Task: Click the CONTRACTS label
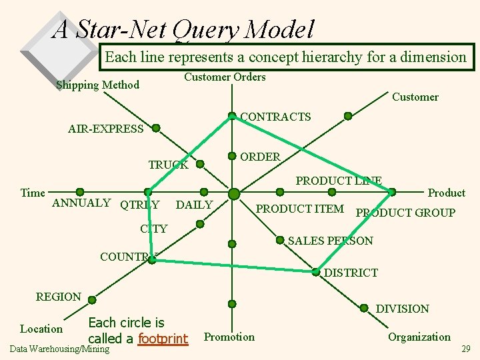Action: pos(275,117)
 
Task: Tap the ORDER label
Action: pos(260,157)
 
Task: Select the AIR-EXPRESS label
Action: pos(106,129)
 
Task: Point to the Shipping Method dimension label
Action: pos(98,85)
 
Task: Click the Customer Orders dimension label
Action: pos(225,77)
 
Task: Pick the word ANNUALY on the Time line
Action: pos(81,203)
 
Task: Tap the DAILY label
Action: pos(194,205)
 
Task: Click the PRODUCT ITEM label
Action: pos(300,209)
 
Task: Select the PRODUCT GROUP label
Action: pos(405,213)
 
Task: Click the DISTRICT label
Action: pos(351,273)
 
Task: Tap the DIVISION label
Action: pos(403,309)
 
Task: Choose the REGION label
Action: pos(59,297)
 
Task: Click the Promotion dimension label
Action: pos(229,337)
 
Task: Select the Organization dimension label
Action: pos(419,337)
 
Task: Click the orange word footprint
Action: pos(163,339)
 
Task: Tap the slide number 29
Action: pos(466,349)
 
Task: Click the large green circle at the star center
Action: pos(234,194)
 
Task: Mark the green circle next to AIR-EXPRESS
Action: pos(155,127)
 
